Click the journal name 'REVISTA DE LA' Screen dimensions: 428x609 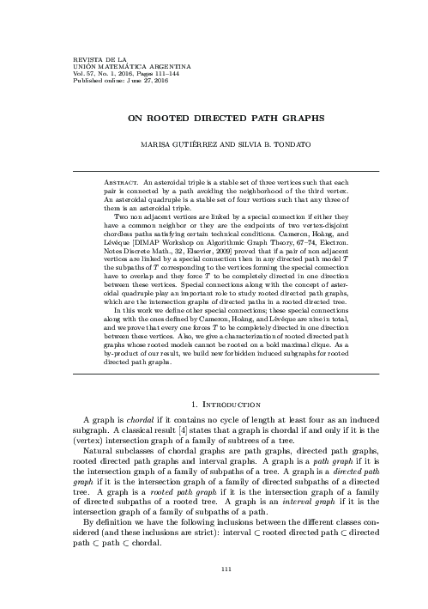click(x=75, y=55)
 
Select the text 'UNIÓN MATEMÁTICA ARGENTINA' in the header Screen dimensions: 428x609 click(x=97, y=62)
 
